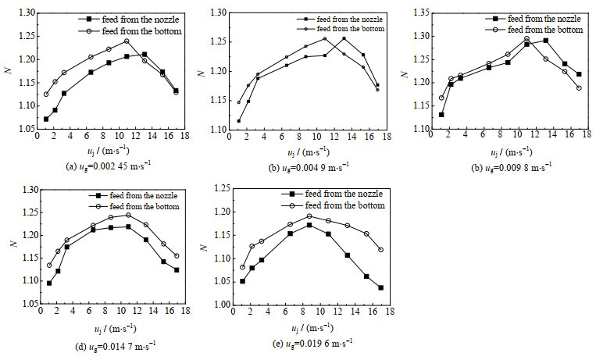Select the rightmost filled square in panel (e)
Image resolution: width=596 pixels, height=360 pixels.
380,287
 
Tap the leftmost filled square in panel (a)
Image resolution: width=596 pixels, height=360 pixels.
46,119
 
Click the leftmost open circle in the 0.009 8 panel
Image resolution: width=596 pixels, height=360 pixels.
441,98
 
